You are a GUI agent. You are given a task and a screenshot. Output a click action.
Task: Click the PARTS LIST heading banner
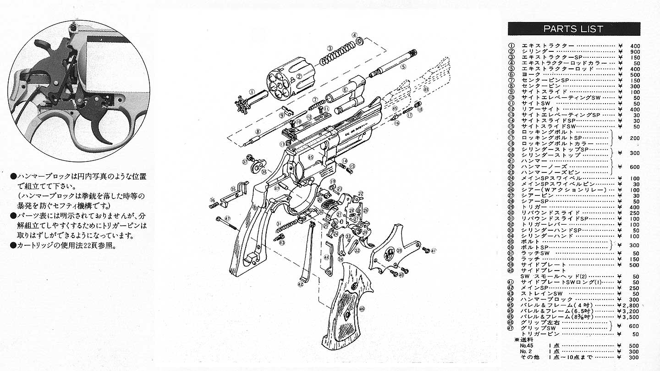coord(573,29)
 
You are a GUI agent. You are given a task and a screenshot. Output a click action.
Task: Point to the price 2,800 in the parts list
coord(630,305)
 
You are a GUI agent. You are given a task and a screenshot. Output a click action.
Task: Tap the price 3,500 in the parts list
coord(630,316)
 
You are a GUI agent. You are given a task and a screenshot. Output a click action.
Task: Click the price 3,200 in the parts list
coord(630,311)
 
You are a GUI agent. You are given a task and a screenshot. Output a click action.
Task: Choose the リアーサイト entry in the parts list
coord(538,109)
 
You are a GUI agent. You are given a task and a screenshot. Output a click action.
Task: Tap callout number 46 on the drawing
coord(362,309)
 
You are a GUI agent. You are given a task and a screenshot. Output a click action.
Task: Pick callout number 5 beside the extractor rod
coord(403,66)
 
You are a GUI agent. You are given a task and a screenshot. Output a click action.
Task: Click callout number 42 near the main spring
coord(300,284)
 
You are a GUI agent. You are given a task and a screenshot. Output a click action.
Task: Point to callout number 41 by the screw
coord(433,250)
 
